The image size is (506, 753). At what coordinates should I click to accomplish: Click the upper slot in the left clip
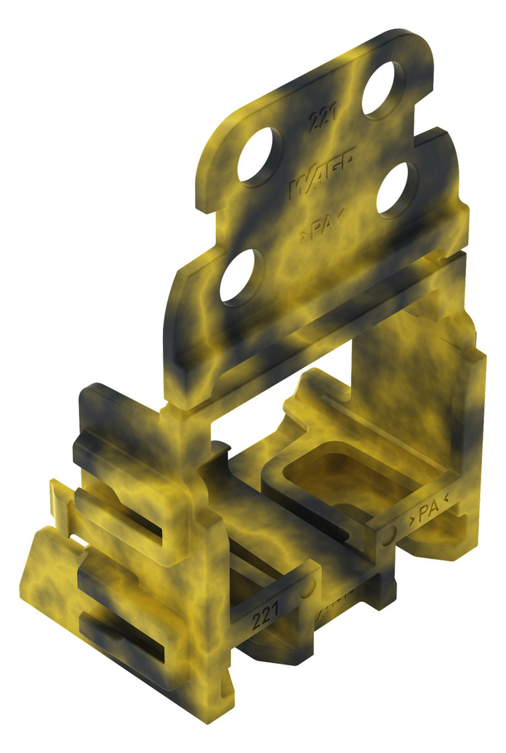pyautogui.click(x=123, y=510)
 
